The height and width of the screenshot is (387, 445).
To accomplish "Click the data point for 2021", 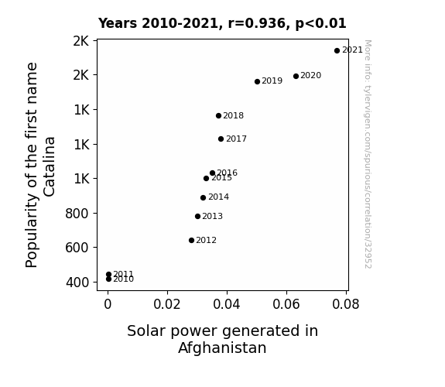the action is pyautogui.click(x=337, y=51).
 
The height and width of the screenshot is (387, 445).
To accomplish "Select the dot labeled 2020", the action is pyautogui.click(x=296, y=76).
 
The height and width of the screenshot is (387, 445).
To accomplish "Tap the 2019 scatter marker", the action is pyautogui.click(x=257, y=82).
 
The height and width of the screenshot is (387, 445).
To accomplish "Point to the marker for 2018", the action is pyautogui.click(x=218, y=115).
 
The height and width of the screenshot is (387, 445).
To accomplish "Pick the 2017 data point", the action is pyautogui.click(x=221, y=139).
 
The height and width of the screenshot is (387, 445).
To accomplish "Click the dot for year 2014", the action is pyautogui.click(x=203, y=197).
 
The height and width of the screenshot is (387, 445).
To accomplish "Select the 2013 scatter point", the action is pyautogui.click(x=198, y=217).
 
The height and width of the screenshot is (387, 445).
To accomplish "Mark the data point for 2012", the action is pyautogui.click(x=192, y=241).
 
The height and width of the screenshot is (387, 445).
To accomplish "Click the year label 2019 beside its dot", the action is pyautogui.click(x=272, y=81).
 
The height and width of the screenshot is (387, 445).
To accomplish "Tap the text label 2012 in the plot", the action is pyautogui.click(x=207, y=240).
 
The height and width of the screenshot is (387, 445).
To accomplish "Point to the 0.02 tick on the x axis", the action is pyautogui.click(x=167, y=304).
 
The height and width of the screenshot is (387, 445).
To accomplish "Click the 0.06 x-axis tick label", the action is pyautogui.click(x=286, y=304).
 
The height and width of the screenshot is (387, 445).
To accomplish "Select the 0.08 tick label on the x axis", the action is pyautogui.click(x=346, y=304).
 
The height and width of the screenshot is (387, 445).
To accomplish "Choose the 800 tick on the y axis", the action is pyautogui.click(x=77, y=214).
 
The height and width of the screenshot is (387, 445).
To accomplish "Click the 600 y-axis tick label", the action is pyautogui.click(x=77, y=248).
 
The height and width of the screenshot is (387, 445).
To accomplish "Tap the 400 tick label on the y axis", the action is pyautogui.click(x=77, y=283).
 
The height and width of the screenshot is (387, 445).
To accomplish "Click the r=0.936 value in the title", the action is pyautogui.click(x=257, y=23).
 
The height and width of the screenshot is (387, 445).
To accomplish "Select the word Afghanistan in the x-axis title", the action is pyautogui.click(x=222, y=348).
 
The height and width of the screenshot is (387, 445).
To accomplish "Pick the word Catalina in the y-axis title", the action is pyautogui.click(x=50, y=166).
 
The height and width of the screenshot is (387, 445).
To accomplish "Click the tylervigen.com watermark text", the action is pyautogui.click(x=368, y=154).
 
